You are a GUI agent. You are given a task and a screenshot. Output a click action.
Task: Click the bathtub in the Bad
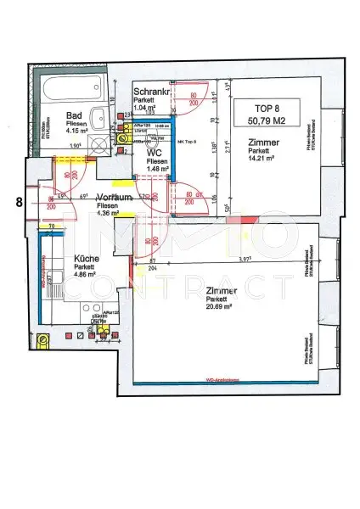click(x=71, y=88)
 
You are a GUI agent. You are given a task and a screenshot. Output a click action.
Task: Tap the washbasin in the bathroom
click(x=100, y=120)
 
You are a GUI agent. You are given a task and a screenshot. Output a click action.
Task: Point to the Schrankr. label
click(x=153, y=91)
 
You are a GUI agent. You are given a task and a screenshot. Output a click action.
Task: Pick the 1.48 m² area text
click(x=155, y=170)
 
